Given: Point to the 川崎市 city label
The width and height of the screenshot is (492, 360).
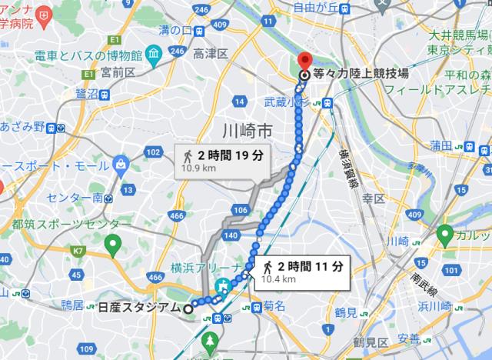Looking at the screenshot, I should tap(244, 129).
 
